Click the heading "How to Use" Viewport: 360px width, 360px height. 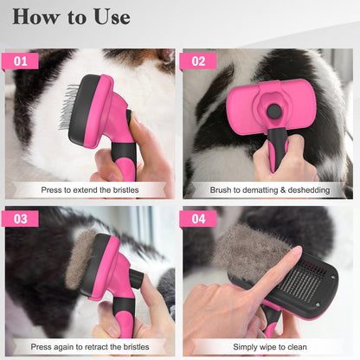pyautogui.click(x=72, y=17)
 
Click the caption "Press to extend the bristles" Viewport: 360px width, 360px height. pyautogui.click(x=90, y=189)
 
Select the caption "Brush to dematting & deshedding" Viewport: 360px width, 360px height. pyautogui.click(x=268, y=189)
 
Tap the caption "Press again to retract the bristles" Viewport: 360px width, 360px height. pyautogui.click(x=90, y=345)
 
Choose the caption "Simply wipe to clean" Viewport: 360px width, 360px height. pyautogui.click(x=268, y=345)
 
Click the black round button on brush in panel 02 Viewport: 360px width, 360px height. pyautogui.click(x=274, y=111)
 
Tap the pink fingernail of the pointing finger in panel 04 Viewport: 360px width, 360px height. pyautogui.click(x=294, y=254)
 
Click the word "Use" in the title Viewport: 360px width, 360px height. pyautogui.click(x=110, y=17)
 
